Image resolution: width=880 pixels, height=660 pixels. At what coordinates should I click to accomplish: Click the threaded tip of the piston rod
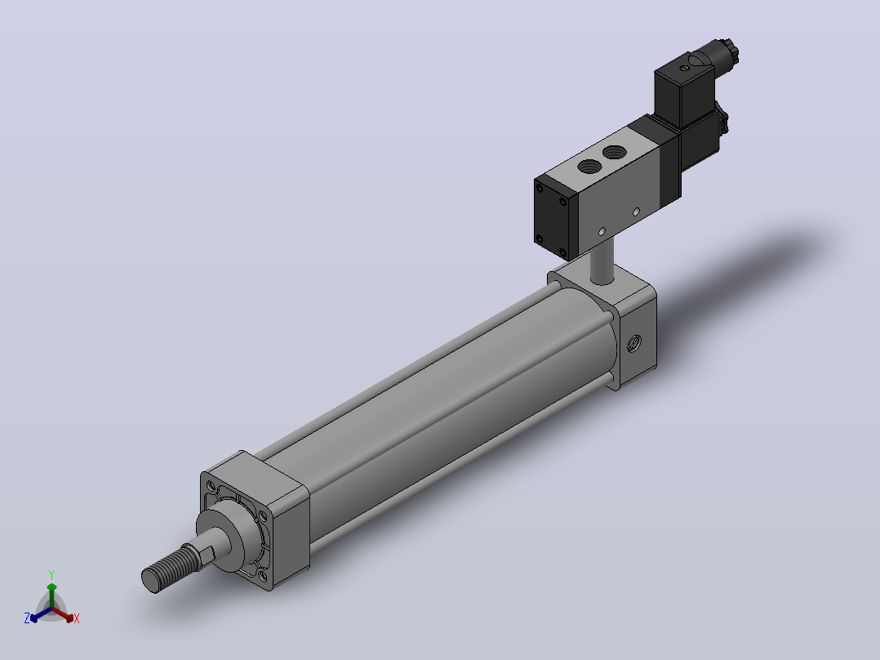168,569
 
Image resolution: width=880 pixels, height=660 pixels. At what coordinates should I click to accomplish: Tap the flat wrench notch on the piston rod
206,553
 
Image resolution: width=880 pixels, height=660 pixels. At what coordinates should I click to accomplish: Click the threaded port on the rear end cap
634,342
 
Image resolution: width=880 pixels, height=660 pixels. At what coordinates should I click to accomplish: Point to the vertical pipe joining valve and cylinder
602,261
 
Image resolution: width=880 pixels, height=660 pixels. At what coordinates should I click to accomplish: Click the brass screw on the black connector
684,69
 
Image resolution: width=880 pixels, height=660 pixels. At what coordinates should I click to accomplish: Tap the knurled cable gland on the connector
730,51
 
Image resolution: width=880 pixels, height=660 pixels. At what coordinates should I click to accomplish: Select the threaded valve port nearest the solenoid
616,151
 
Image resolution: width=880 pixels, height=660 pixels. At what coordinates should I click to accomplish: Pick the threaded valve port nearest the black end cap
590,167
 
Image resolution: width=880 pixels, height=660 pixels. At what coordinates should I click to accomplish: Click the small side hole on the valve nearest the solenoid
636,212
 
